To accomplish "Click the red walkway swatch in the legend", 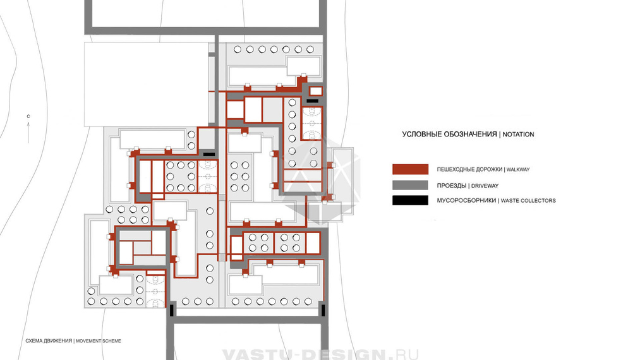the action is pos(410,169).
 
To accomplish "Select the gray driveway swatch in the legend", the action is pos(410,185).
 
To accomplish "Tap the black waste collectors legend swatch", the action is pos(410,200).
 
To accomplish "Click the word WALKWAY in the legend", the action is pos(518,169).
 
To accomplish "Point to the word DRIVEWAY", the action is pos(485,186).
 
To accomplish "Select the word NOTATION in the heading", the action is pos(518,135).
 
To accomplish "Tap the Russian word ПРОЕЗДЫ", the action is pos(452,186).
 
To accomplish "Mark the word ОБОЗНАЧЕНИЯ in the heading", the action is pos(470,135).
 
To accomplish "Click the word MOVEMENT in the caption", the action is pos(89,341).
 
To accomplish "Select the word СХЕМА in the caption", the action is pos(34,341).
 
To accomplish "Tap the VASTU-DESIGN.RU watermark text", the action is pos(320,354).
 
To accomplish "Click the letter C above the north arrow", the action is pos(28,116).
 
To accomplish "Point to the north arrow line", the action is pos(28,133).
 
